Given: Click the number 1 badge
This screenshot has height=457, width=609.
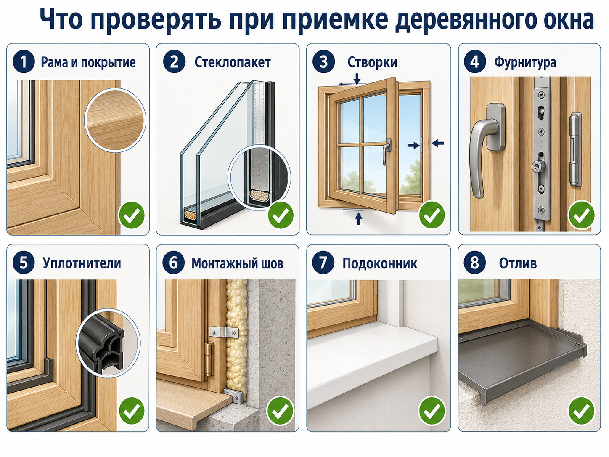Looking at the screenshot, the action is point(24,61).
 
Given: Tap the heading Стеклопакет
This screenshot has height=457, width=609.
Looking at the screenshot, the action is point(233,62).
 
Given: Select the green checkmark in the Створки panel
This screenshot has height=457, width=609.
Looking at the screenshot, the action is point(432,215).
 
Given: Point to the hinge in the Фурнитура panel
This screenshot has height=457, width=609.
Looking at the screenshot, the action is point(575,149).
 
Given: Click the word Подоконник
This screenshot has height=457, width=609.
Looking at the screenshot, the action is point(379,263).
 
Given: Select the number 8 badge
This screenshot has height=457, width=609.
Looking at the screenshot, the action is point(474,262).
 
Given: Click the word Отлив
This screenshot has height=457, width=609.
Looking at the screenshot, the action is point(518,263).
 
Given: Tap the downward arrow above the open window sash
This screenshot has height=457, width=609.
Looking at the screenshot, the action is point(357,79).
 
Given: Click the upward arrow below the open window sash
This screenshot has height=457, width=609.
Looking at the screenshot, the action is point(359,218).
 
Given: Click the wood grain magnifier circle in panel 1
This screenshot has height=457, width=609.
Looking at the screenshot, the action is point(115,120).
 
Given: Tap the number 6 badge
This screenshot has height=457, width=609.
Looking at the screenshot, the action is point(173,262).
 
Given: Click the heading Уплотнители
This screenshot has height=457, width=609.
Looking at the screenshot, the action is point(82,263).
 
